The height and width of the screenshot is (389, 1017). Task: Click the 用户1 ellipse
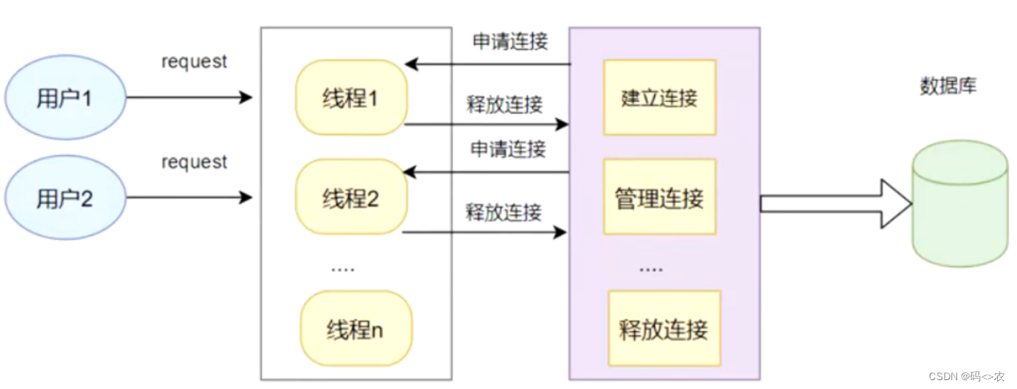(x=65, y=98)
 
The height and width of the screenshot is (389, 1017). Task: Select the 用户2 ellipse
(x=65, y=198)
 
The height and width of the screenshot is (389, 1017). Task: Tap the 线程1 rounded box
(x=350, y=97)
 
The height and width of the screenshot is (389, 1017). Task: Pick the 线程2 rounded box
(x=350, y=197)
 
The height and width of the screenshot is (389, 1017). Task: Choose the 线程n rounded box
(x=356, y=328)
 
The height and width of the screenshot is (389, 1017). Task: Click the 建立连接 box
(x=660, y=97)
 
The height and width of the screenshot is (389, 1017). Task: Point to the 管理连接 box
(x=660, y=197)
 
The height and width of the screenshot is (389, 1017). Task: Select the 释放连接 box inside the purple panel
(x=664, y=328)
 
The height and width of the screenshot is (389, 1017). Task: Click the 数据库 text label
(x=948, y=87)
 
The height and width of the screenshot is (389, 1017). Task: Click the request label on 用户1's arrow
(x=194, y=61)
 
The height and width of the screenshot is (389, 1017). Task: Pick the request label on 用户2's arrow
(x=194, y=162)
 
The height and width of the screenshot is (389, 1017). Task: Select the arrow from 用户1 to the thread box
(x=189, y=98)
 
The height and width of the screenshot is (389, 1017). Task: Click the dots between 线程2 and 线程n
(x=342, y=269)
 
